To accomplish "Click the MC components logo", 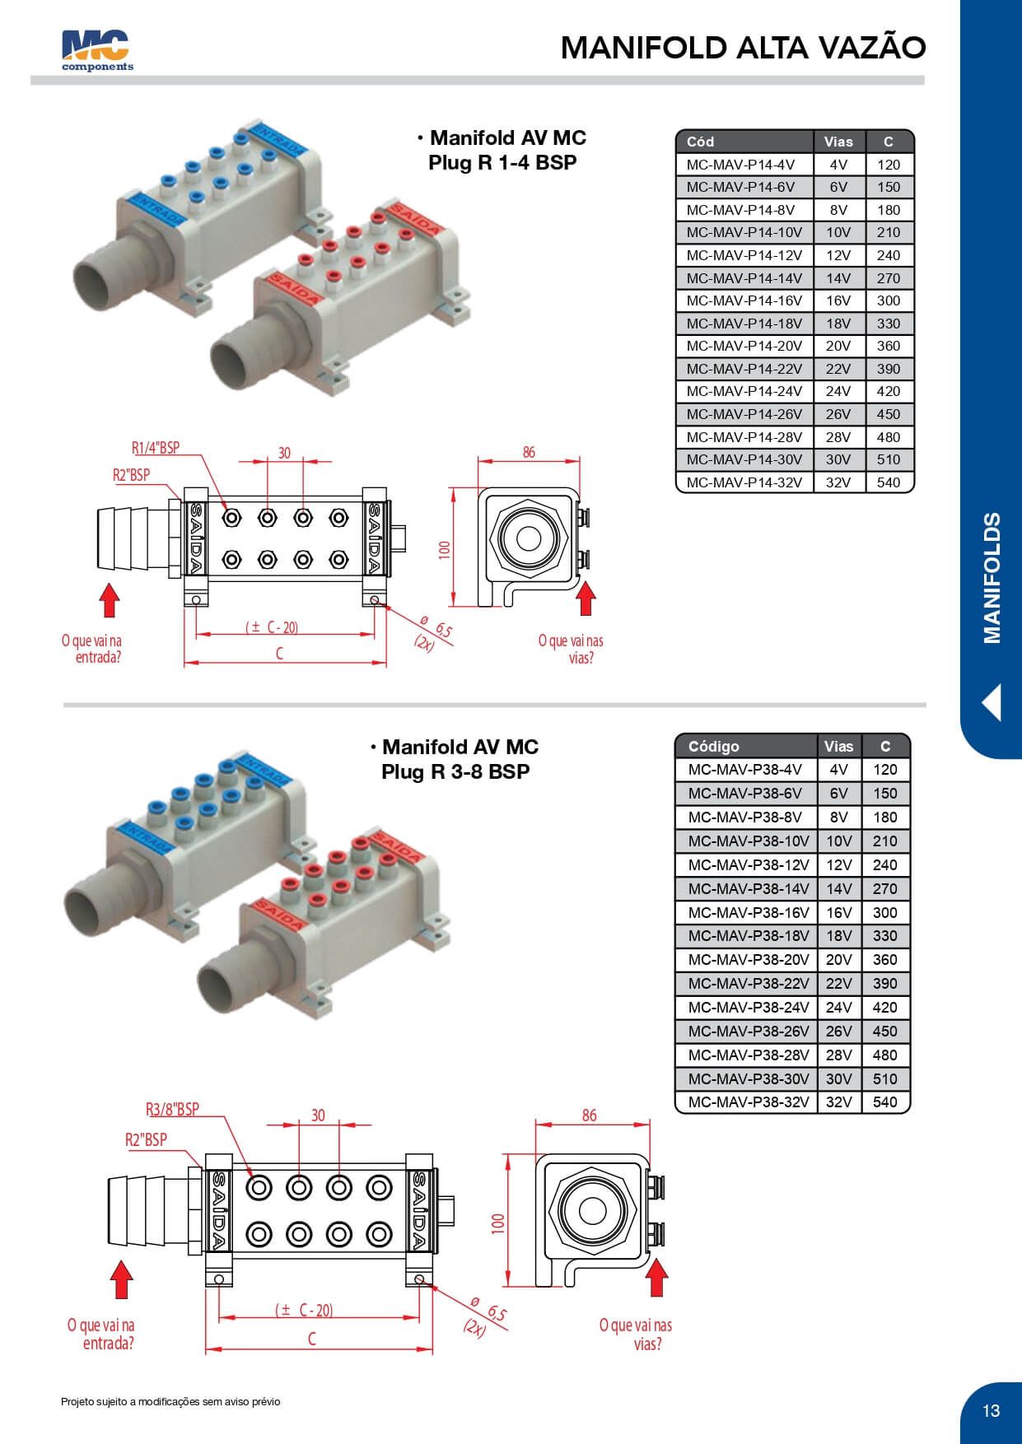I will [96, 51].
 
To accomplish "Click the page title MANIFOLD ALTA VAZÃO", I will [743, 48].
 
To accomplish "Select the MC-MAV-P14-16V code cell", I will [744, 300].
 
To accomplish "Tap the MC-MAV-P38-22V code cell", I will [748, 983].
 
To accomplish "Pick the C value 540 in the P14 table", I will [888, 482].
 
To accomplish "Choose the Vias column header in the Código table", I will [838, 747].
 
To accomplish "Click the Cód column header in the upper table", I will [700, 142].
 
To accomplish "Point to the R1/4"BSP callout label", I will [155, 449].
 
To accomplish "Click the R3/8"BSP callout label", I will [172, 1109].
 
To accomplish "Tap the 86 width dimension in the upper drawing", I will [529, 452].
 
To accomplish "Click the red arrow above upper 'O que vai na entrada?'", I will [110, 600].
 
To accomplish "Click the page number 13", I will [991, 1410].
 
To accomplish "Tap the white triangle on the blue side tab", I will [992, 702].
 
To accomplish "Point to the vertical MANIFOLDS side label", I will [992, 578].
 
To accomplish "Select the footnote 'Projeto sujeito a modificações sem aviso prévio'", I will [170, 1401].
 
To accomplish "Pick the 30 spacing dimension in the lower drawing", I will [318, 1116].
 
